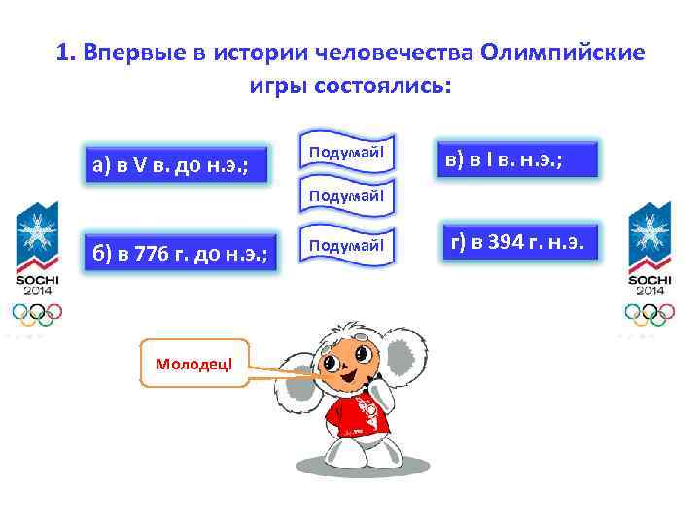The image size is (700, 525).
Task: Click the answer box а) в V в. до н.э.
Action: (x=170, y=164)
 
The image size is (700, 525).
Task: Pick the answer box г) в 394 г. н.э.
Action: (x=515, y=243)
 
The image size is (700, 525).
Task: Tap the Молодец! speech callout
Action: (x=194, y=363)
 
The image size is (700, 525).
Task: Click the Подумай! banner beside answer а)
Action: (x=346, y=153)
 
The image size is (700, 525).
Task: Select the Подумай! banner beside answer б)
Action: (x=346, y=246)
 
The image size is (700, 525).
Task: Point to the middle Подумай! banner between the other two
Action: (x=346, y=195)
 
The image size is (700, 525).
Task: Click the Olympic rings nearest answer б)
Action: (x=37, y=312)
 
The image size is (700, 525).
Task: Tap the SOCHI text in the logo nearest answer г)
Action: (x=647, y=279)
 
